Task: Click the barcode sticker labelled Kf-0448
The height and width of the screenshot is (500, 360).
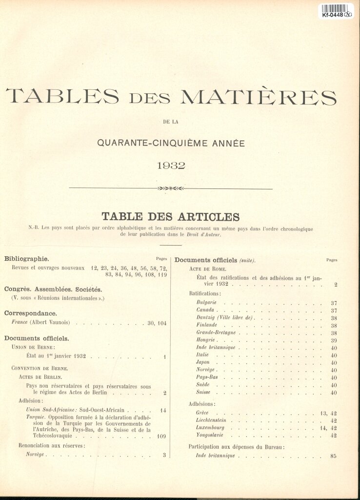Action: [336, 11]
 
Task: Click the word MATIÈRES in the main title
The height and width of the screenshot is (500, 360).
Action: [259, 97]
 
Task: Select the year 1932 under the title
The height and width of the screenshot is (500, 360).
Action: [171, 166]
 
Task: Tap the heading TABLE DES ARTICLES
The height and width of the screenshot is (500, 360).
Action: [170, 217]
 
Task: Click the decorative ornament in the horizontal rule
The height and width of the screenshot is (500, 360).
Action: [171, 188]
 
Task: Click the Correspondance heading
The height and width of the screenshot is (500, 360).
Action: [30, 313]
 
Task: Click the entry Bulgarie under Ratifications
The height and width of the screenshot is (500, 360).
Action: [206, 303]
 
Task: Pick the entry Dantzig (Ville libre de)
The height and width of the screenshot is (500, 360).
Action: [224, 317]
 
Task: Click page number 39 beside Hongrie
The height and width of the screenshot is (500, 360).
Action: [334, 340]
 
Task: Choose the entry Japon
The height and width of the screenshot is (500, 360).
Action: [203, 362]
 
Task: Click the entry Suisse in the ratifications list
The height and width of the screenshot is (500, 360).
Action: [203, 392]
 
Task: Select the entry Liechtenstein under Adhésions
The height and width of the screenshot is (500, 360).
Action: [211, 420]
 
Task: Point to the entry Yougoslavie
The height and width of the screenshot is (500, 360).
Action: [210, 435]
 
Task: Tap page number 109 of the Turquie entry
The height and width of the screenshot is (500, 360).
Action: [162, 436]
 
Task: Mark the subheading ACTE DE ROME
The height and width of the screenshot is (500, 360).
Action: [207, 269]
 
